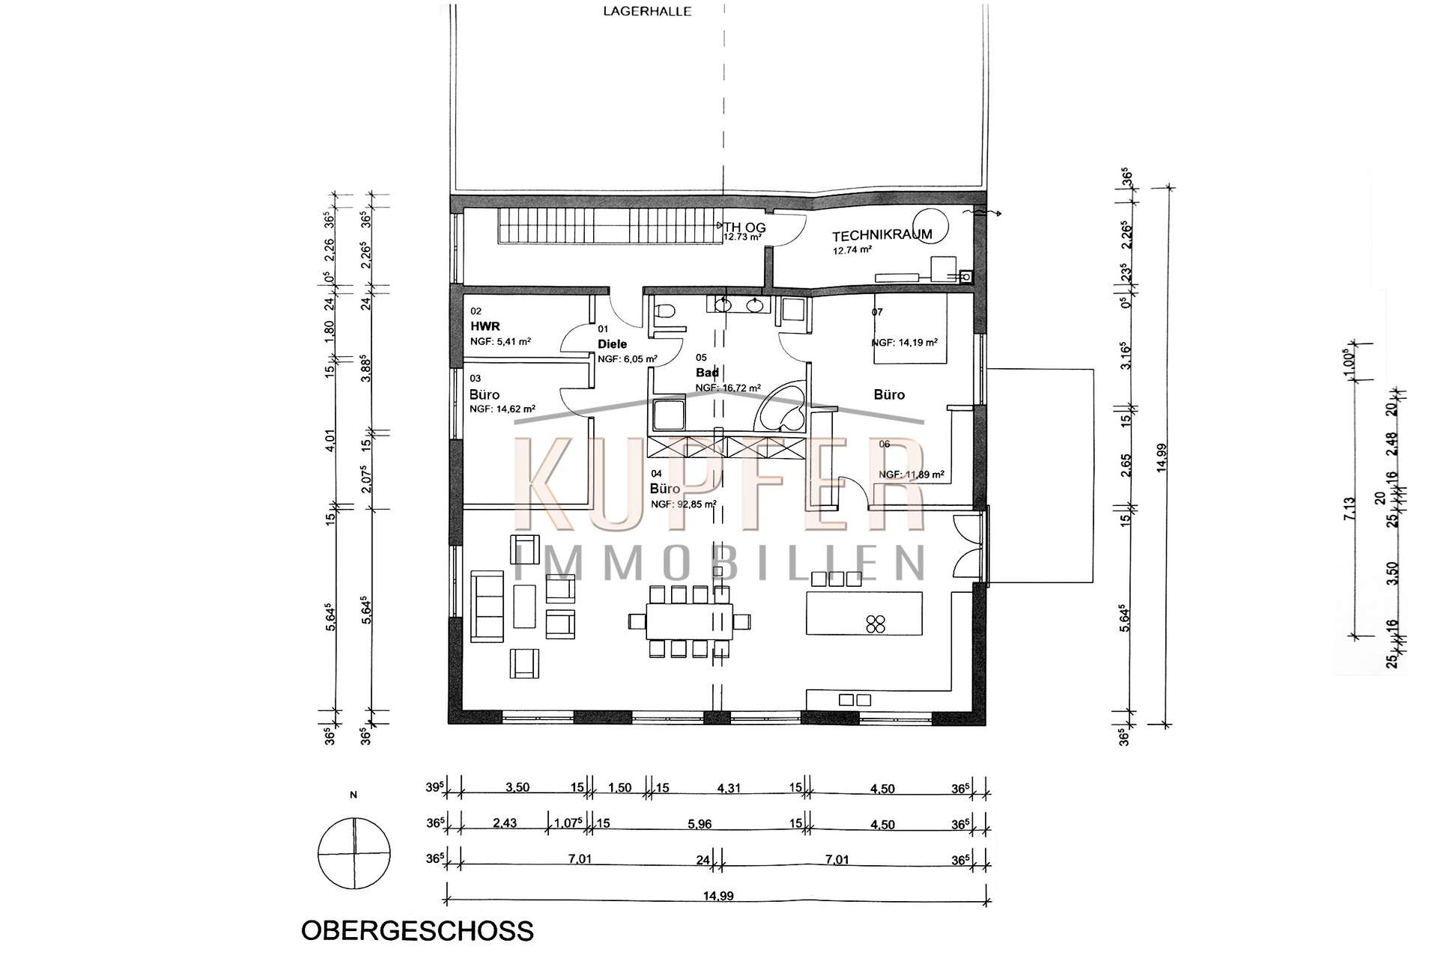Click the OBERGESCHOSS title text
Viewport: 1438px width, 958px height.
416,930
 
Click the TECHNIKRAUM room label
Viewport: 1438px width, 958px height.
882,235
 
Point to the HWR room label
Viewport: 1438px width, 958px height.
485,326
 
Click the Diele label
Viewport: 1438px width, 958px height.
612,344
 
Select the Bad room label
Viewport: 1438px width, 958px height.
707,373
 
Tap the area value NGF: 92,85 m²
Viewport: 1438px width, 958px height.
684,504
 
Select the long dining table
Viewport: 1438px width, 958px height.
690,621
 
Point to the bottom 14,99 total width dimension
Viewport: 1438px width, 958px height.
718,896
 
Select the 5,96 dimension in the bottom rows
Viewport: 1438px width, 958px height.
699,824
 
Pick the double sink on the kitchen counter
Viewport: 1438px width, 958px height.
855,700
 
